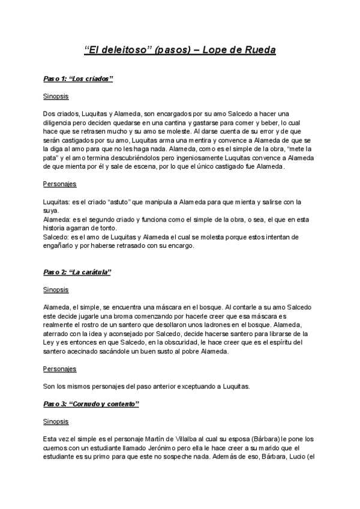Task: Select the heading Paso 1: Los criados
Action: [79, 79]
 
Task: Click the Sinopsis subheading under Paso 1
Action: [56, 96]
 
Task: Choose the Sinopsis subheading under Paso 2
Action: [56, 289]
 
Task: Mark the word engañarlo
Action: [61, 245]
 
